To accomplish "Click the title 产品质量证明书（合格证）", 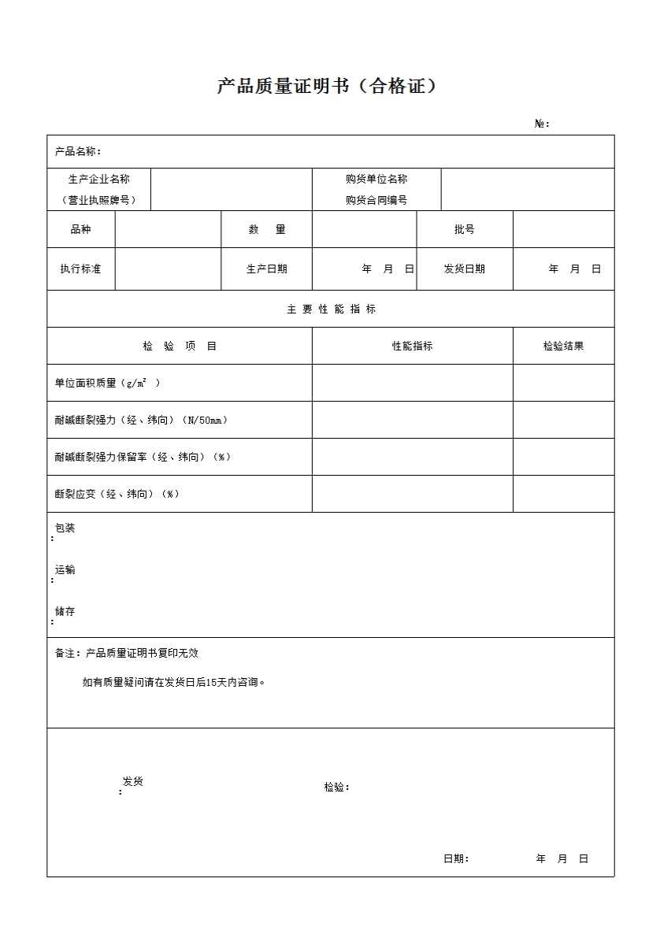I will coord(327,87).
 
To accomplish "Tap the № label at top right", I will coord(542,124).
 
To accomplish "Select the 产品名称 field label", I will coord(77,151).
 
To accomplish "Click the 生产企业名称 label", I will coord(99,180).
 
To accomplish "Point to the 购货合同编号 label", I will coord(376,200).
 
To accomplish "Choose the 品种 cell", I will coord(81,229).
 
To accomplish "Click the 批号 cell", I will coord(465,229).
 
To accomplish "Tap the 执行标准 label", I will coord(81,269).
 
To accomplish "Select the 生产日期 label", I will coord(266,269).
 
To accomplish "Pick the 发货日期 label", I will coord(465,269).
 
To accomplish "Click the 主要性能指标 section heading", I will coord(331,309).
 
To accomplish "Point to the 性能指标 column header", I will coord(412,346).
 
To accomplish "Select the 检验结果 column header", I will coord(563,346).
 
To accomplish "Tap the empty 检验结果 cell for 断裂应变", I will coord(563,494).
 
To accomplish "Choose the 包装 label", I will coord(65,528).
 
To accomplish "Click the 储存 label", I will coord(65,612).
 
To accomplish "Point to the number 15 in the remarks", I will coord(211,683).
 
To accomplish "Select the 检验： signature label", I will coord(336,787).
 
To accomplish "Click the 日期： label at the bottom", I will coord(456,858).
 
